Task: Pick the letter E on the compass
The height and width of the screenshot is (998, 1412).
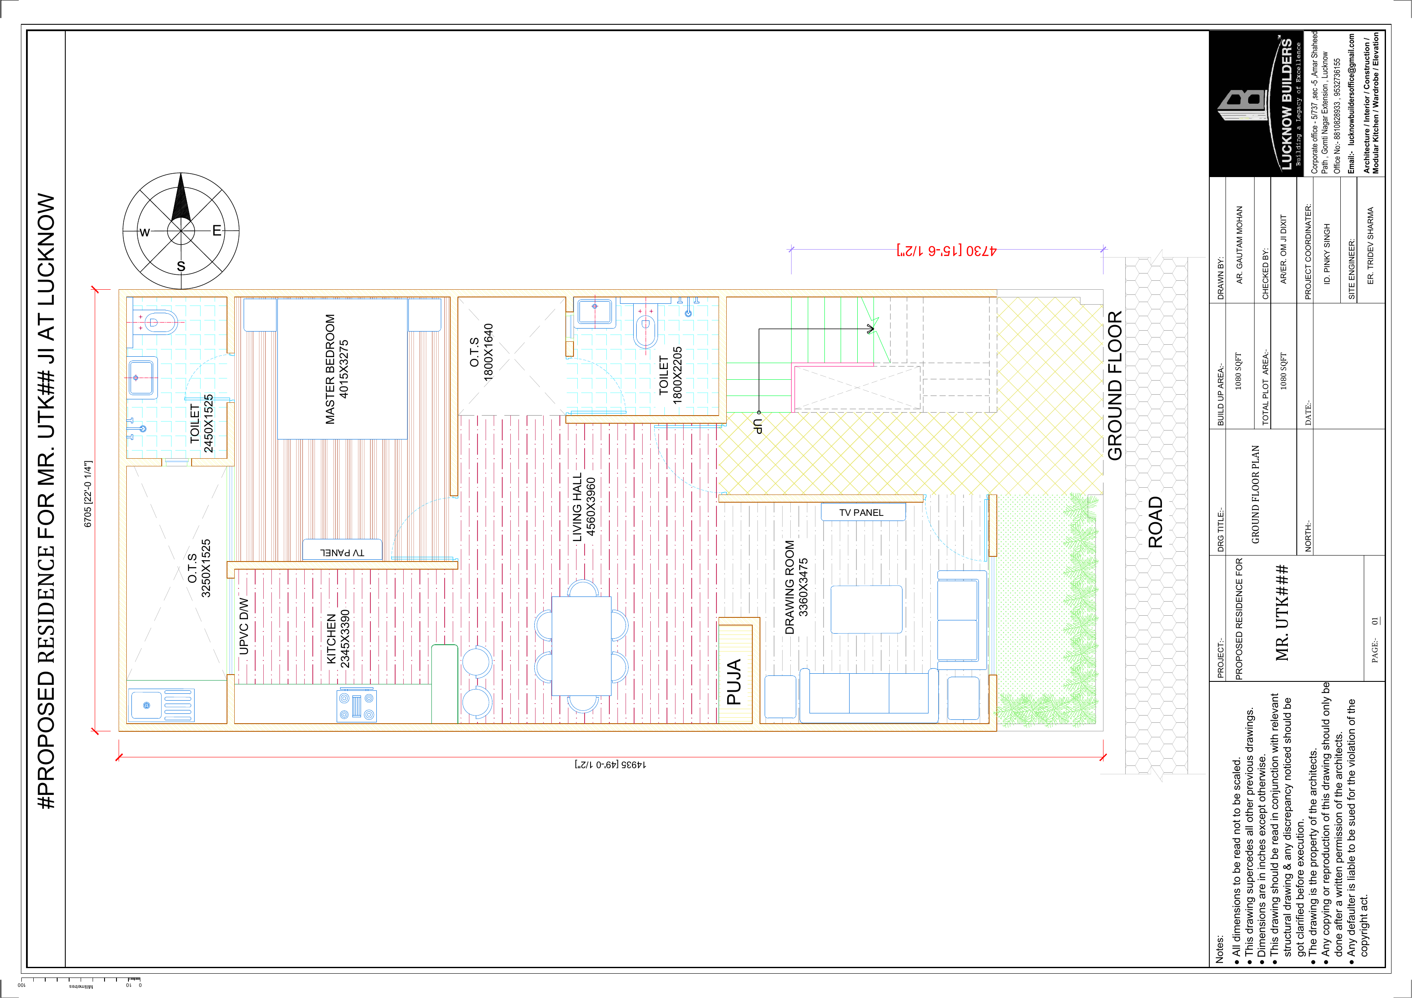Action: pos(216,230)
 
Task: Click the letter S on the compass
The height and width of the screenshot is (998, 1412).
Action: pos(181,266)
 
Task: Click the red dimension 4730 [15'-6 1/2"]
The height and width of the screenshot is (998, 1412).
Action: pos(947,251)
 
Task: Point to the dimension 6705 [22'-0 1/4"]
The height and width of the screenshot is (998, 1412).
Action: pos(88,494)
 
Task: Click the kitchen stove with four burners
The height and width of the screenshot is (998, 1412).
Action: pos(357,705)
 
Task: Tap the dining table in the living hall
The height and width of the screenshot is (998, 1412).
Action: pos(581,646)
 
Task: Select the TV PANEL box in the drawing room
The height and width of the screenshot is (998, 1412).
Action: pos(863,512)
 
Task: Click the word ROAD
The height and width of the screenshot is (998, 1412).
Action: pos(1156,523)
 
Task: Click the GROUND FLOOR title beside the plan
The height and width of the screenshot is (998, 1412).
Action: pos(1115,386)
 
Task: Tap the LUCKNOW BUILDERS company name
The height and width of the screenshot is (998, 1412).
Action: pos(1286,105)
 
